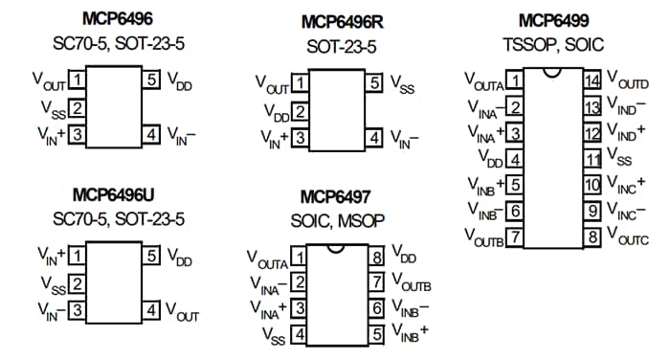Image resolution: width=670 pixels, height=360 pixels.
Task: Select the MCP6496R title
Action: coord(346,22)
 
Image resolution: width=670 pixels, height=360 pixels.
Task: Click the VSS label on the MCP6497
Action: coord(274,334)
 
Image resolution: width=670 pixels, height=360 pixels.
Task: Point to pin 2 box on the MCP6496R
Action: coord(300,112)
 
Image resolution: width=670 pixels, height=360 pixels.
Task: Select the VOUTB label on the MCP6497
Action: coord(413,283)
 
